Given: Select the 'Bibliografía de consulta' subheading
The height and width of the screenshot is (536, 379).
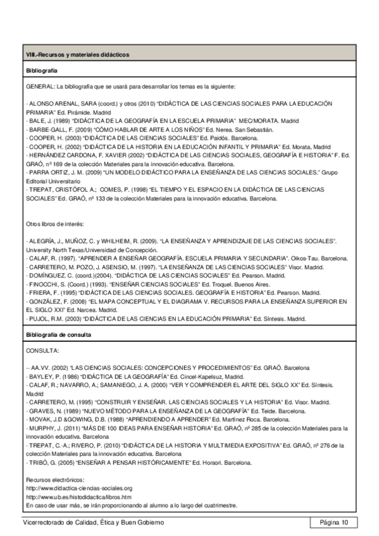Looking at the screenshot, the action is (x=58, y=333).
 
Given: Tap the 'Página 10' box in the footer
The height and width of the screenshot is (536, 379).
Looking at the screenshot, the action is (x=334, y=522).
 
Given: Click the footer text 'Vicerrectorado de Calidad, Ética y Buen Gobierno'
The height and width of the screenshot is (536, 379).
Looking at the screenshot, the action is (x=93, y=522).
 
